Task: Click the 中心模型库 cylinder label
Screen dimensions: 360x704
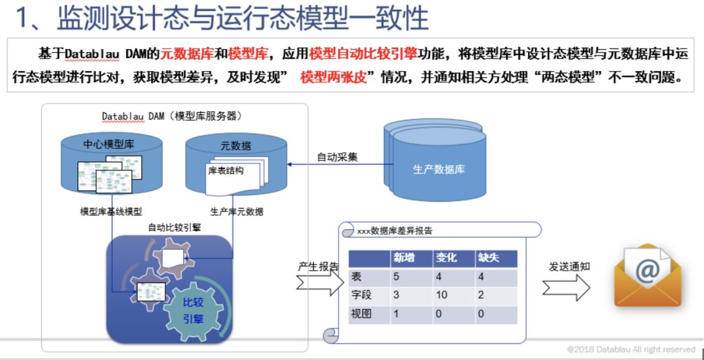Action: pos(104,144)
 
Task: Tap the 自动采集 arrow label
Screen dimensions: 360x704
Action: pos(337,157)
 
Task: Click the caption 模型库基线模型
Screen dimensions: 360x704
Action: pos(111,211)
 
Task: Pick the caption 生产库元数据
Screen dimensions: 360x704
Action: pos(237,211)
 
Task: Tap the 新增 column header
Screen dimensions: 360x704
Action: pos(404,258)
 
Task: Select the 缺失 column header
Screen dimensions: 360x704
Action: pos(488,258)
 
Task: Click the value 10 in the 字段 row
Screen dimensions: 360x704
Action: pos(442,295)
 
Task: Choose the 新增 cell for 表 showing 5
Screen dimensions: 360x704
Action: pos(396,277)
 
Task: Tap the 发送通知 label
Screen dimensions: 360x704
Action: pos(568,266)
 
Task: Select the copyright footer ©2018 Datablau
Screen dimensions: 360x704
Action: pos(630,350)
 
